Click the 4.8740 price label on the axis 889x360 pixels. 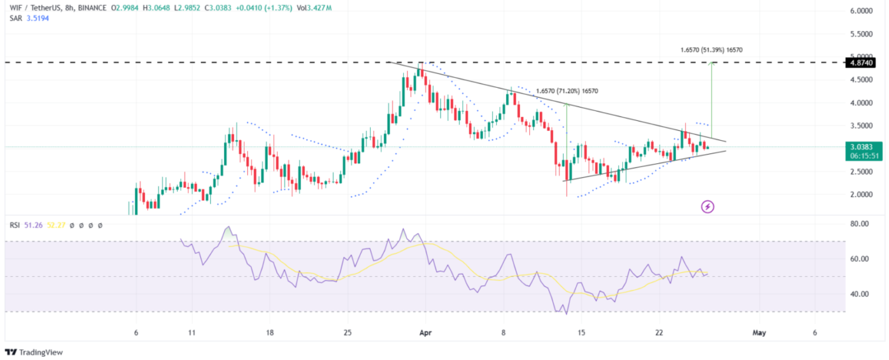(861, 63)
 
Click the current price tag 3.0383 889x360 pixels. (861, 147)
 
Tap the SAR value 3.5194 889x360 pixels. (38, 18)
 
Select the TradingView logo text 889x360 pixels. (40, 352)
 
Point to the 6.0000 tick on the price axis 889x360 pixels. (861, 11)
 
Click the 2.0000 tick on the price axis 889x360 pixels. (861, 195)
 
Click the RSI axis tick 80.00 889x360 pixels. (860, 224)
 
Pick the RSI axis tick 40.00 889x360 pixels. (860, 294)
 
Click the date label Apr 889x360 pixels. (425, 333)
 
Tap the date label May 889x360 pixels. (759, 333)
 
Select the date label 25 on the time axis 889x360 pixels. (347, 333)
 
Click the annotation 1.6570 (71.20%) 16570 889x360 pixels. (567, 91)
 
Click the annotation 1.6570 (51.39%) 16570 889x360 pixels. (711, 50)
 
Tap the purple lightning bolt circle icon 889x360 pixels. (707, 207)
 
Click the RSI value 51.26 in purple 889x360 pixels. (34, 225)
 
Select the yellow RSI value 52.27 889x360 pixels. (56, 225)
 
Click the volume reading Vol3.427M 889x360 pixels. (314, 8)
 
